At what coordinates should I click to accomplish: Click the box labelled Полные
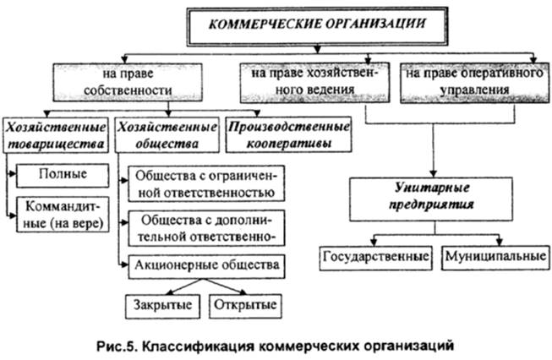tap(63, 175)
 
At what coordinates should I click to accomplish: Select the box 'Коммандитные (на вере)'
tap(63, 215)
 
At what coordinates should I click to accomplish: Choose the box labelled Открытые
tap(245, 303)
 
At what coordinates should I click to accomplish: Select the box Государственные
tap(375, 254)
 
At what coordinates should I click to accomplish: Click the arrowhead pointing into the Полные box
tap(12, 175)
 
